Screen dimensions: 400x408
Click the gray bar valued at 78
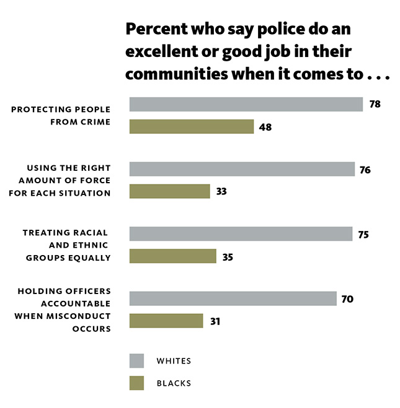[x=246, y=105]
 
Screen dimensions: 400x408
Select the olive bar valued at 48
[x=192, y=127]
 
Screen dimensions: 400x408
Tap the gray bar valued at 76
[x=242, y=169]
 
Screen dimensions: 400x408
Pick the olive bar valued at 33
[x=170, y=191]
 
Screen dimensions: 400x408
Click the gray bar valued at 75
[x=241, y=233]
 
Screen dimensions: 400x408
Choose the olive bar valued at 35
[x=173, y=256]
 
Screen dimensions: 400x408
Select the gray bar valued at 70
[x=233, y=298]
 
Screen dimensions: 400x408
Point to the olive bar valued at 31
[x=166, y=321]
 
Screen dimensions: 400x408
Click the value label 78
[x=375, y=104]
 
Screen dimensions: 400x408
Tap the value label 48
[x=265, y=127]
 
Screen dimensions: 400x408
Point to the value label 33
[x=221, y=191]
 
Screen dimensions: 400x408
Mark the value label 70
[x=347, y=299]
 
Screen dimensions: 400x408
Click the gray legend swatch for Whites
[x=136, y=361]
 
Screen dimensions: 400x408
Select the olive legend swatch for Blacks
[x=136, y=383]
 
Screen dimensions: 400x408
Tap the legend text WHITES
[x=174, y=361]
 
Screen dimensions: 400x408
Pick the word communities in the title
[x=177, y=74]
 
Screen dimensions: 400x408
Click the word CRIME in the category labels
[x=96, y=122]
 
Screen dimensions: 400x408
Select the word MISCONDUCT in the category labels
[x=78, y=316]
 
